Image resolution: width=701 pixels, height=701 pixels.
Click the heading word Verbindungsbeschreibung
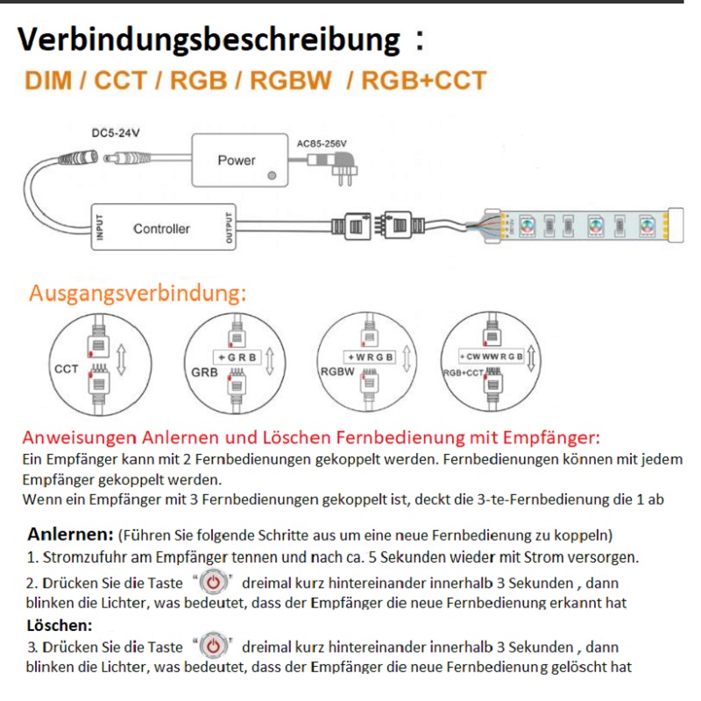pos(208,39)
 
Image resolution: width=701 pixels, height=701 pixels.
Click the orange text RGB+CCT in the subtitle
pos(423,81)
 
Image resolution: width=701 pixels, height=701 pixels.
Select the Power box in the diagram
pos(237,159)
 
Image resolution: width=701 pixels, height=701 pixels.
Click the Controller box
pos(161,228)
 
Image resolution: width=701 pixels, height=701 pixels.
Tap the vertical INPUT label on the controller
pos(99,228)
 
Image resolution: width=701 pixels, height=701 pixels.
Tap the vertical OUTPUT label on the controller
pos(230,228)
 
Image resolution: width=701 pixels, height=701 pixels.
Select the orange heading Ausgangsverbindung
pos(138,293)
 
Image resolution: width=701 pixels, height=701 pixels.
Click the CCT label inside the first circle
pos(67,369)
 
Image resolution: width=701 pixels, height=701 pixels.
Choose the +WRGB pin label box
pos(369,358)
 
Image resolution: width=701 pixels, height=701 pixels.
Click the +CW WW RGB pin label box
pos(492,357)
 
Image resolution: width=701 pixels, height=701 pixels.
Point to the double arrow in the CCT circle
pos(123,359)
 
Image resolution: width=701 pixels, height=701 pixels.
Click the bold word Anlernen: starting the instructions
pos(70,534)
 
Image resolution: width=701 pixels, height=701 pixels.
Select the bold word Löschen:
pos(60,625)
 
